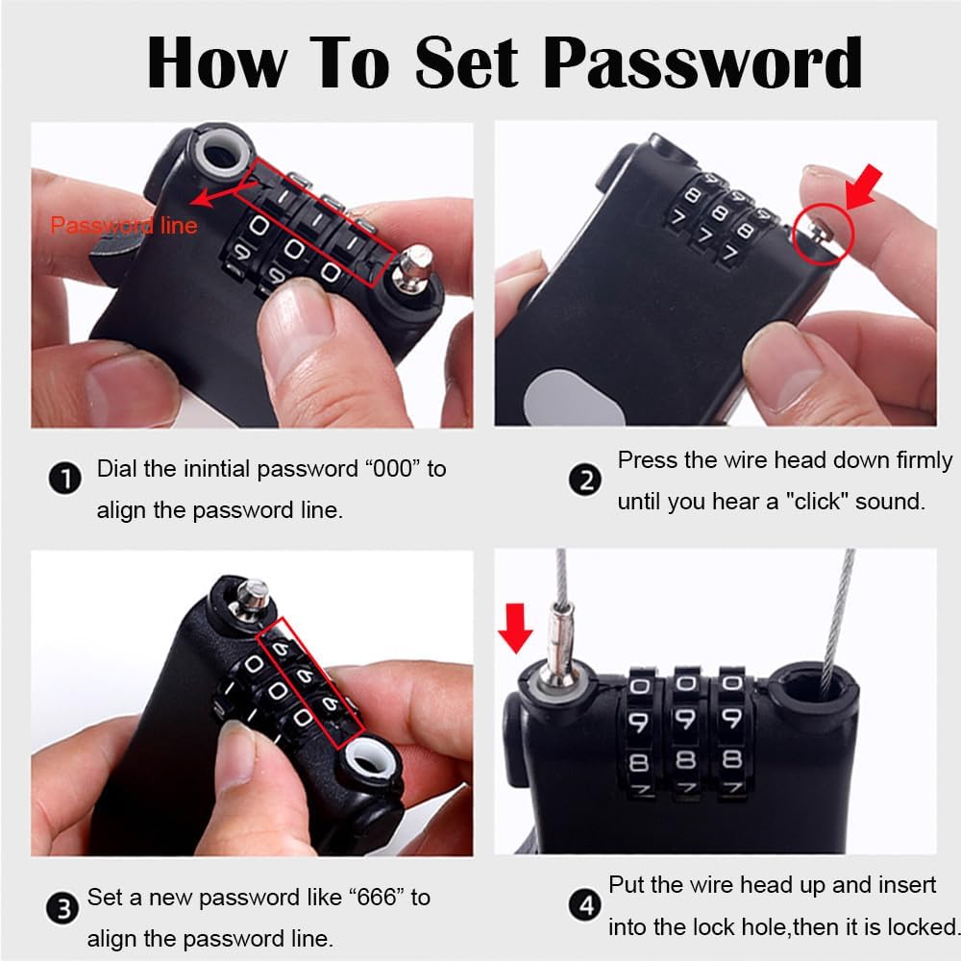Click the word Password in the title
click(x=703, y=62)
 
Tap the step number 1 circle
click(x=65, y=478)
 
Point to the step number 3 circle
click(x=62, y=908)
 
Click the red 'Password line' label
click(x=124, y=226)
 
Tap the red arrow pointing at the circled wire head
click(x=863, y=187)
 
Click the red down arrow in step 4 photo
click(x=515, y=628)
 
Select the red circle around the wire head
click(x=824, y=234)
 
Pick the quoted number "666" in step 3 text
click(x=377, y=898)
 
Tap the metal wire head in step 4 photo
click(x=560, y=643)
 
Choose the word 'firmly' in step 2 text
click(x=924, y=460)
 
